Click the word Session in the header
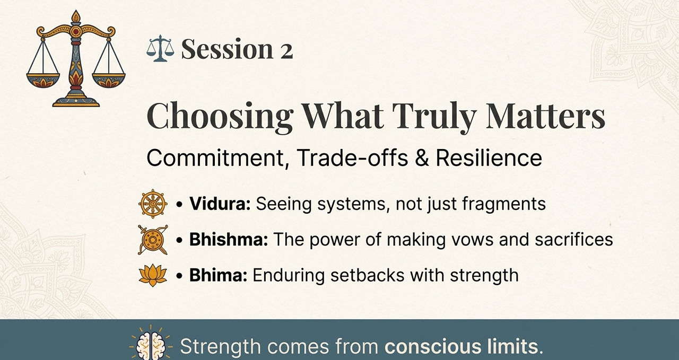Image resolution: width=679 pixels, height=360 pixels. click(228, 49)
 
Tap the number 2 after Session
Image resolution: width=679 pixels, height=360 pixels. click(286, 51)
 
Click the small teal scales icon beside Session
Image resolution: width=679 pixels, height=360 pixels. click(160, 48)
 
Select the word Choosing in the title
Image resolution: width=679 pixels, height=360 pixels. click(220, 117)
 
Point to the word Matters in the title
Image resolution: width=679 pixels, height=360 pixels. click(545, 116)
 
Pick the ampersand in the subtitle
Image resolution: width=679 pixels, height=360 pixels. click(422, 157)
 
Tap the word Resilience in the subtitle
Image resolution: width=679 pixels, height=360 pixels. click(489, 157)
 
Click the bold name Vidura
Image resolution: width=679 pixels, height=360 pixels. click(220, 204)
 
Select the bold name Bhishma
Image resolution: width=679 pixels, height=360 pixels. click(229, 240)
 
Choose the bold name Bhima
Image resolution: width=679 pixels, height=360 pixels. click(218, 276)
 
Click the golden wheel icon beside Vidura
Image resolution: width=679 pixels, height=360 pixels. click(153, 204)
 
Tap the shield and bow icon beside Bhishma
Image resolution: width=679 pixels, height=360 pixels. click(153, 240)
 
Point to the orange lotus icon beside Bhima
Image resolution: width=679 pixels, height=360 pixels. click(153, 275)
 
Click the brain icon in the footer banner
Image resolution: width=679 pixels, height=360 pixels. click(151, 345)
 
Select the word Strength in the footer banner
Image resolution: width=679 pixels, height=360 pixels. click(220, 346)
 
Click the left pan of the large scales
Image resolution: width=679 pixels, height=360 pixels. click(43, 80)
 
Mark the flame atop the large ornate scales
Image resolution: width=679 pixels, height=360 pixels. click(76, 16)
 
